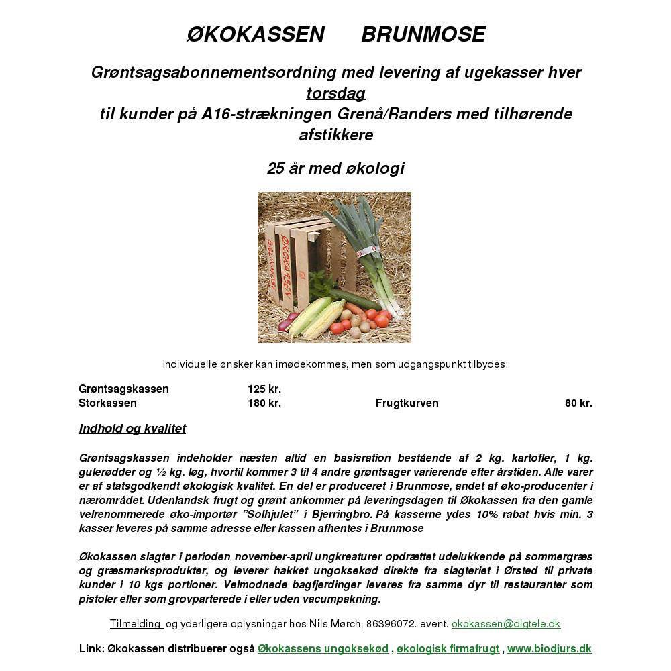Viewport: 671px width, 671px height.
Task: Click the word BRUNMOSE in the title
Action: tap(423, 34)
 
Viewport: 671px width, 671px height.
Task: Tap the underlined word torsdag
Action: tap(335, 93)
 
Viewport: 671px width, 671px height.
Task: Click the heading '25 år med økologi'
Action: tap(335, 168)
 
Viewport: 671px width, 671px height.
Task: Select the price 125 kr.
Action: tap(264, 389)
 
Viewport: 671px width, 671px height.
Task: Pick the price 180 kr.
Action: tap(264, 403)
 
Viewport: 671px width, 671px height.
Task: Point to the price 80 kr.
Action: tap(578, 403)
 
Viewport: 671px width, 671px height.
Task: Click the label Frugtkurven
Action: tap(407, 403)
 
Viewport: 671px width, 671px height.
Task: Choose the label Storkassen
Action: tap(107, 403)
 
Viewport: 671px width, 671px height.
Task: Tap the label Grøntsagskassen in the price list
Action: tap(123, 389)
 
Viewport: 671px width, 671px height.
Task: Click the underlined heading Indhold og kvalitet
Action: tap(132, 429)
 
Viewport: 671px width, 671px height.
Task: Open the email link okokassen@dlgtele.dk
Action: tap(505, 624)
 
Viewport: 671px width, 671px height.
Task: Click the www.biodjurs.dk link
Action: tap(549, 649)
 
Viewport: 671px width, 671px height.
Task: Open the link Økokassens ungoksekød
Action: tap(323, 649)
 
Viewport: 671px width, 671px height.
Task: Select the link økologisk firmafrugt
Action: tap(448, 649)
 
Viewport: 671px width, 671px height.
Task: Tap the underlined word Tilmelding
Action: tap(136, 624)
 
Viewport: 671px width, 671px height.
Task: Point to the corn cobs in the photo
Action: tap(315, 315)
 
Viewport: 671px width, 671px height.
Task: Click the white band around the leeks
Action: tap(368, 252)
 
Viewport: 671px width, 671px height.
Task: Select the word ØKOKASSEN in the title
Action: tap(255, 34)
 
